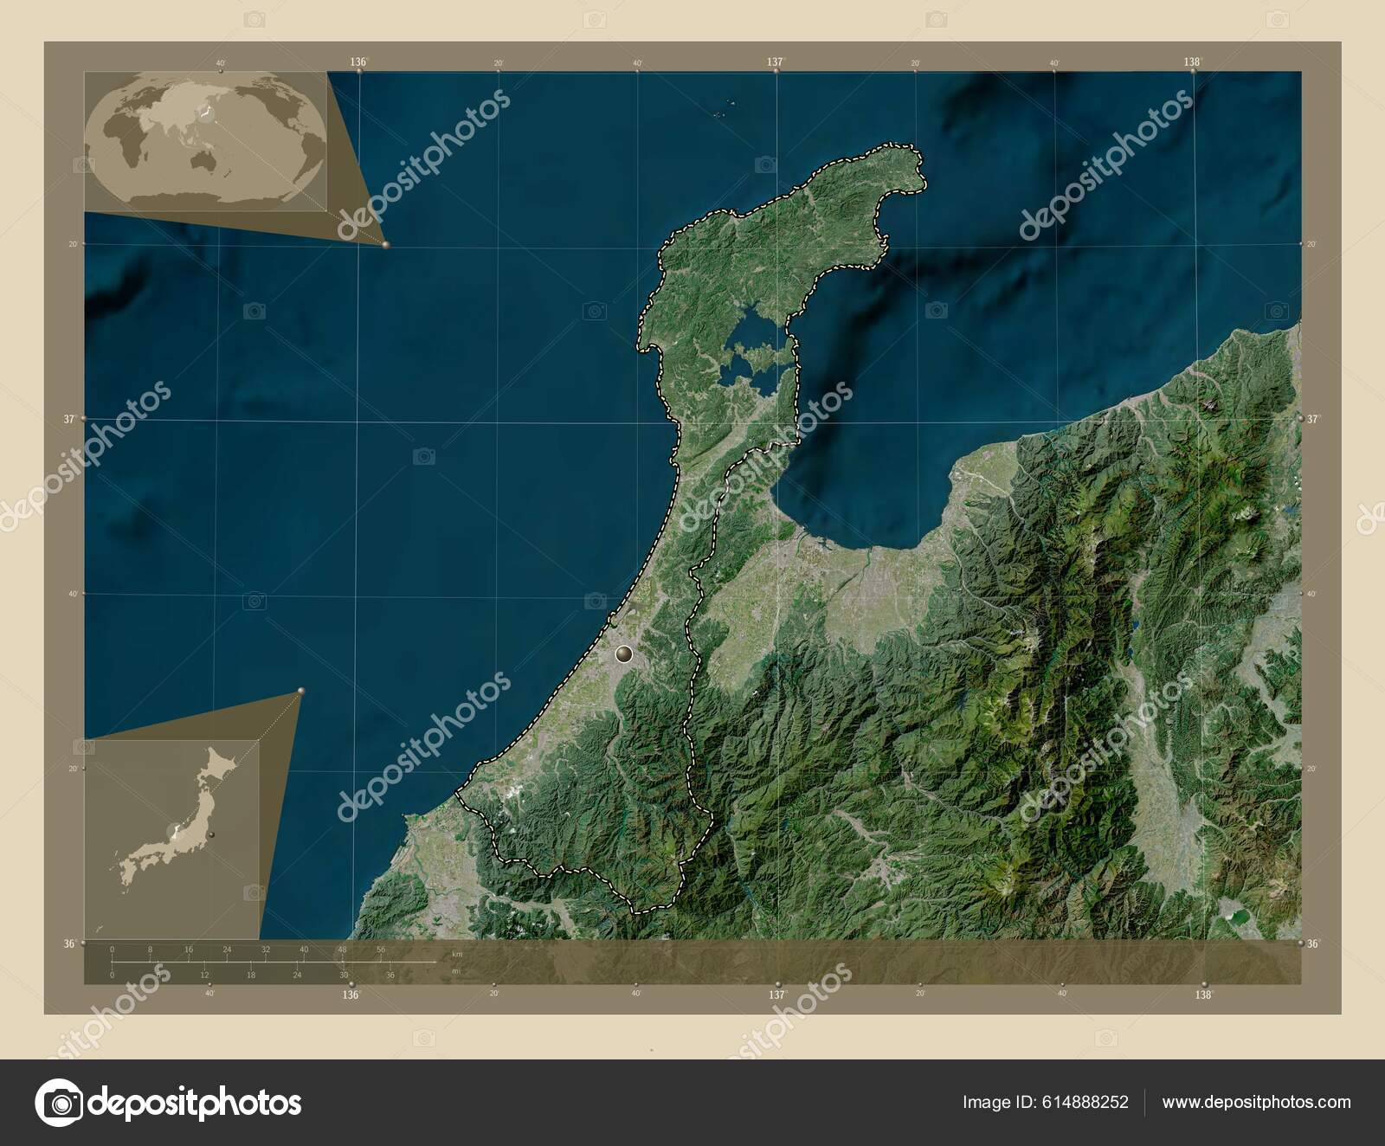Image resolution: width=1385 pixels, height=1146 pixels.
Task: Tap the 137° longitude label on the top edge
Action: point(775,62)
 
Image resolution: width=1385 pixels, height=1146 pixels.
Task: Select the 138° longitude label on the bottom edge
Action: point(1203,995)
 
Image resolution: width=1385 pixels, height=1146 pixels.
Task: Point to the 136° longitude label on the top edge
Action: point(358,62)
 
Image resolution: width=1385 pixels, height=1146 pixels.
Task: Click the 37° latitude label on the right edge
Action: point(1313,419)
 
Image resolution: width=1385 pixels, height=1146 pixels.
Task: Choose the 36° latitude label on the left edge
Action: point(68,943)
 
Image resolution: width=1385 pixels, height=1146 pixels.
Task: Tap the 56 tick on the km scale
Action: point(380,950)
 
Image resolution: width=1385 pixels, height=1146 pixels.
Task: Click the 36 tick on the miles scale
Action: point(390,975)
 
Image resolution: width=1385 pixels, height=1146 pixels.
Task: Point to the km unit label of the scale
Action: point(457,954)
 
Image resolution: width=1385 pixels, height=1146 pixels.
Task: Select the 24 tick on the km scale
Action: point(227,950)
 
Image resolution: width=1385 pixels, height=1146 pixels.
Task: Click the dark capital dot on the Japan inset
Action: point(211,835)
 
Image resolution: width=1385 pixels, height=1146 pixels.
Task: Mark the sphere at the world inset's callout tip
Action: point(385,245)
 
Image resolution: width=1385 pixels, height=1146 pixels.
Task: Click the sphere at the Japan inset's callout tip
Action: point(301,691)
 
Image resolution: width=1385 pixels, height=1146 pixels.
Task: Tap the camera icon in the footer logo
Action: point(61,1102)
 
